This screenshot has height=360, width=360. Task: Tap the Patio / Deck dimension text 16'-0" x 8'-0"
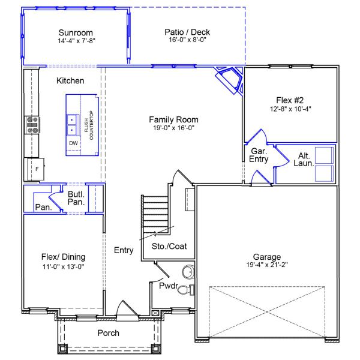click(x=187, y=41)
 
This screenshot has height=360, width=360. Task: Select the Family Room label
click(x=173, y=120)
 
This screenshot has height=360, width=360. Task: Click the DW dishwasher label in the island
click(x=73, y=144)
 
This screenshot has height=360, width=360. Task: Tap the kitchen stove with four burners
click(x=32, y=125)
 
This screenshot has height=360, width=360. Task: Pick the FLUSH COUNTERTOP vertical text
click(x=89, y=125)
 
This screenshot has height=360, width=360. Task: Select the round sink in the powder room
click(x=188, y=272)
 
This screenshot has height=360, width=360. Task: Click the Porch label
click(x=108, y=333)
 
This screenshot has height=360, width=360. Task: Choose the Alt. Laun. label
click(x=302, y=160)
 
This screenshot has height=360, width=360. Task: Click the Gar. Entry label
click(x=259, y=155)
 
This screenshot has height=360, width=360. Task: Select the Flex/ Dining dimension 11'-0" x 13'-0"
click(x=62, y=267)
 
